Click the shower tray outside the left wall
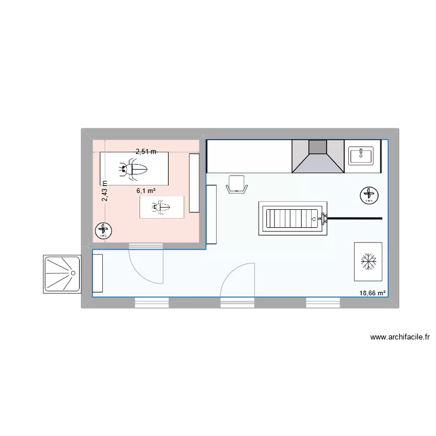(61, 273)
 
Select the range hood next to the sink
(317, 155)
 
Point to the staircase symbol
(292, 219)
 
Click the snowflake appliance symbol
(368, 261)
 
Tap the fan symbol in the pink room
(104, 231)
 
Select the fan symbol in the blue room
(369, 195)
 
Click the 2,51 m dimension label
(146, 152)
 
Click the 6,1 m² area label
(145, 190)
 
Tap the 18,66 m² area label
(373, 294)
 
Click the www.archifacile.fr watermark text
(399, 337)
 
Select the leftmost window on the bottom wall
(152, 302)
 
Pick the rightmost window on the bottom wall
(323, 302)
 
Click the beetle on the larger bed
(134, 170)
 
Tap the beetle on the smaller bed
(161, 207)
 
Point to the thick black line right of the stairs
(355, 218)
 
